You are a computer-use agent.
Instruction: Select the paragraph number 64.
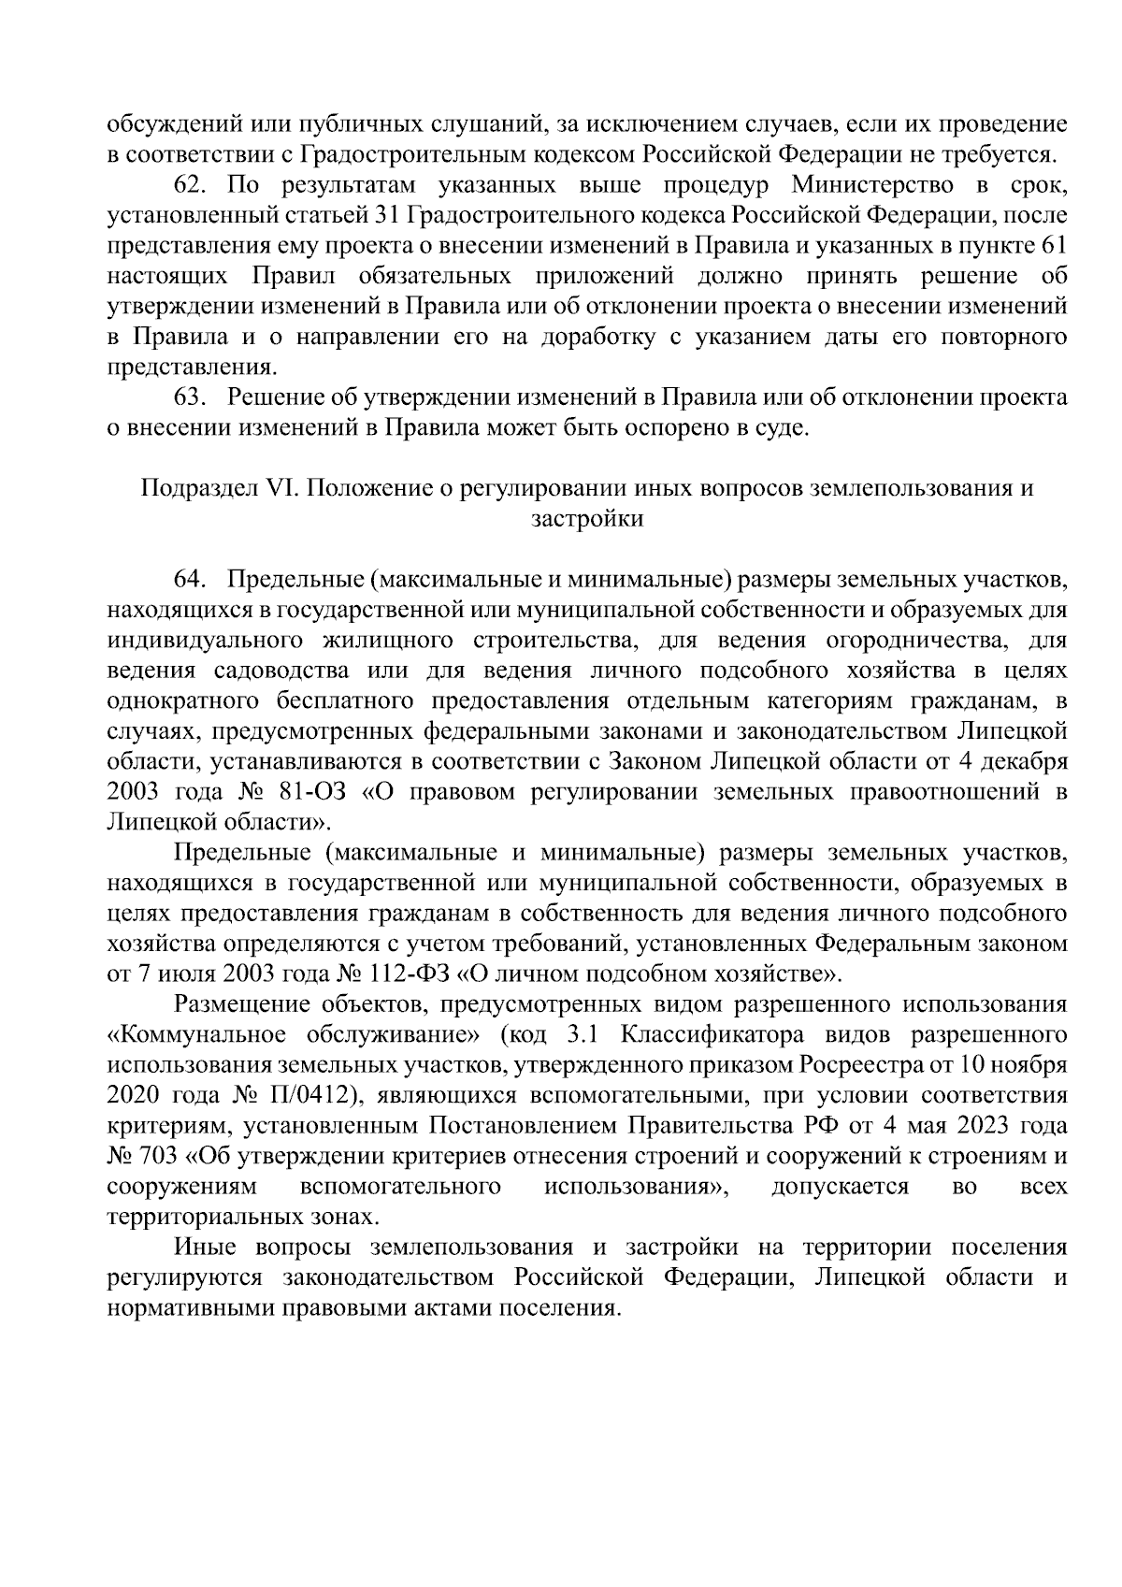[191, 580]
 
